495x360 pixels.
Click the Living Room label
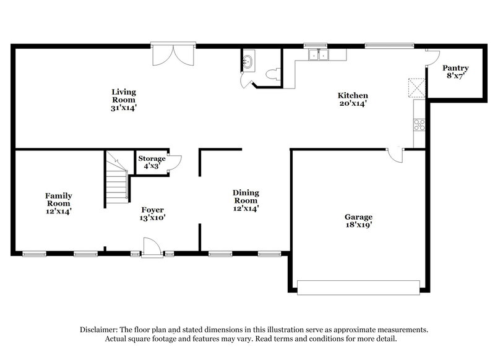pyautogui.click(x=124, y=99)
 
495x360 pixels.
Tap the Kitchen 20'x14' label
pyautogui.click(x=353, y=100)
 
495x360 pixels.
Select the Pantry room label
pyautogui.click(x=457, y=72)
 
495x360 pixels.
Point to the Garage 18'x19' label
pyautogui.click(x=358, y=221)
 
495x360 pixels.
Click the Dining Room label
pyautogui.click(x=246, y=200)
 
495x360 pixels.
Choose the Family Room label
pyautogui.click(x=58, y=203)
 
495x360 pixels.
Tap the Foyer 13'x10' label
pyautogui.click(x=152, y=213)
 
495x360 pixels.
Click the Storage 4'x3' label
pyautogui.click(x=152, y=162)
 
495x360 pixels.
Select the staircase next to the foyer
pyautogui.click(x=116, y=179)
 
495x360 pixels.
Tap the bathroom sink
pyautogui.click(x=249, y=61)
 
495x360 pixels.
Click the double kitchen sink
pyautogui.click(x=319, y=55)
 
